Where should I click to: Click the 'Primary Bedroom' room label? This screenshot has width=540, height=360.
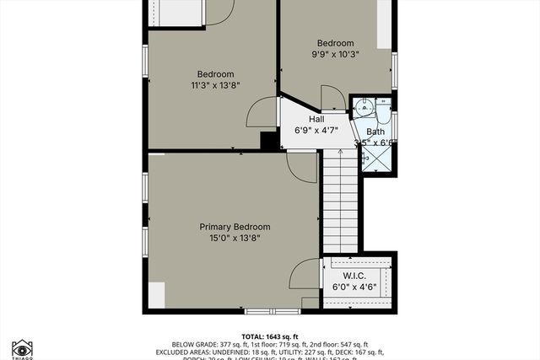(x=235, y=227)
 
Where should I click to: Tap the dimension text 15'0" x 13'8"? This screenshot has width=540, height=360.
(x=235, y=239)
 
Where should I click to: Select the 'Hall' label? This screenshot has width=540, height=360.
(x=305, y=120)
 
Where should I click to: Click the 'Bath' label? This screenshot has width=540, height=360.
(x=375, y=132)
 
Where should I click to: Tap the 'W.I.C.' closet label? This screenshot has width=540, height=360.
(x=354, y=276)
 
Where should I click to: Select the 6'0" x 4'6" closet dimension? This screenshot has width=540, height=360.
(x=354, y=287)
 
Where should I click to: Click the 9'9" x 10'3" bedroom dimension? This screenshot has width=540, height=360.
(x=335, y=54)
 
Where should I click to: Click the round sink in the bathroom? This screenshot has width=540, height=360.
(x=362, y=106)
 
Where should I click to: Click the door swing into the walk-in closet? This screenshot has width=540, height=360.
(x=304, y=274)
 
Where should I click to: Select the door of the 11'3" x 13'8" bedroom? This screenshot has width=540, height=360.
(x=263, y=112)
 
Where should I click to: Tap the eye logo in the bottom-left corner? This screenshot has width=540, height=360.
(x=21, y=348)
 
